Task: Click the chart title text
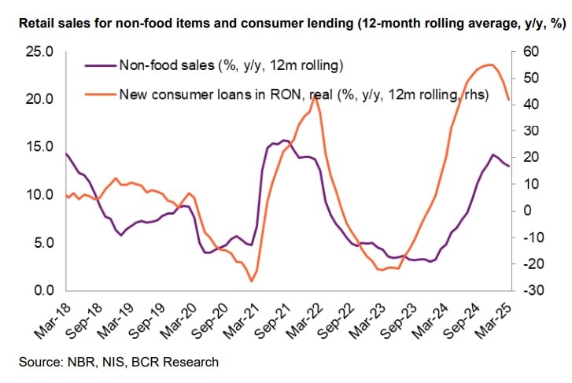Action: click(286, 24)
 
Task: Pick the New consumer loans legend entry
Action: click(303, 95)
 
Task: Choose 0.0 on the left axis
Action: click(40, 291)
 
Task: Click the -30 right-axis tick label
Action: click(530, 291)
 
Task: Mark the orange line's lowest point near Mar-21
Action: click(251, 281)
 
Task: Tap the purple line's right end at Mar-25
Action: click(509, 166)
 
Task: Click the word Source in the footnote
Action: click(35, 362)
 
